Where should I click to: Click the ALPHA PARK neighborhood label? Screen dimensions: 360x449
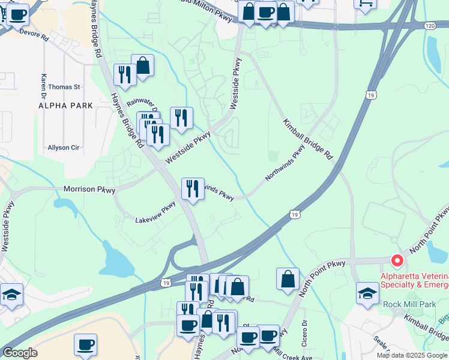tap(65, 105)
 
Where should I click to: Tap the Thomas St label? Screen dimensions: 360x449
tap(64, 87)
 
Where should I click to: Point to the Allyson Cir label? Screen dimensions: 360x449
tap(64, 148)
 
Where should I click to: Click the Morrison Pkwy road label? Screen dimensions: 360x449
tap(89, 189)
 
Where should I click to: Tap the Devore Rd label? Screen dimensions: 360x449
tap(34, 36)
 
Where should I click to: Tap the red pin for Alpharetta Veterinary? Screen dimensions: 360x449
tap(397, 261)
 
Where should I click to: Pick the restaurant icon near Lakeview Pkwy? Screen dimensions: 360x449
tap(191, 189)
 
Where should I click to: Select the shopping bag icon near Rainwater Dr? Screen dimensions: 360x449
tap(143, 66)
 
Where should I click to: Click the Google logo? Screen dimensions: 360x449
tap(20, 353)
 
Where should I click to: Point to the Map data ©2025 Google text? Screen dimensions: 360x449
tap(412, 355)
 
